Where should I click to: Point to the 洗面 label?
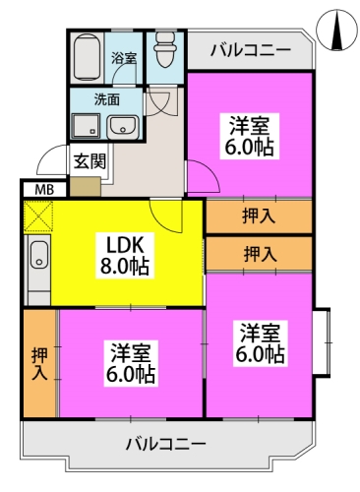coord(107,98)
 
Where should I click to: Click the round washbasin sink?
coord(123,126)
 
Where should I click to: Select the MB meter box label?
coord(44,189)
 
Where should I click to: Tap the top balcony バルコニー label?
coord(250,48)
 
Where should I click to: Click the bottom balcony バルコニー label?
coord(165,444)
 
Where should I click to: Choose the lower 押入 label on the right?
coord(259,253)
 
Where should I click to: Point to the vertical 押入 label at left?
coord(38,363)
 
